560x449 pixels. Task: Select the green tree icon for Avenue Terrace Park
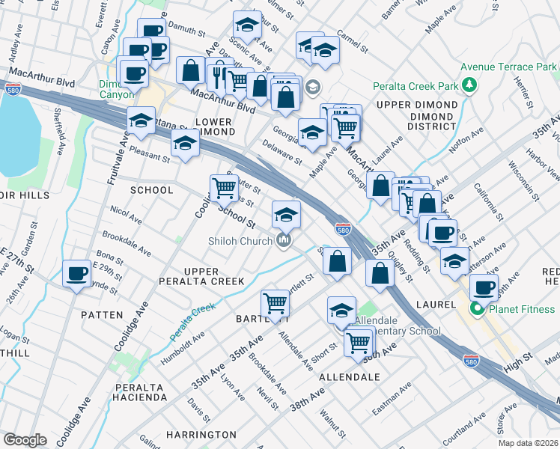(469, 85)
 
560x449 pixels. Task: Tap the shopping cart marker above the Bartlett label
(275, 303)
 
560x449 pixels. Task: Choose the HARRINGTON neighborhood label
(201, 435)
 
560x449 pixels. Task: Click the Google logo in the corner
(25, 440)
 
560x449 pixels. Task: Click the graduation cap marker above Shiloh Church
(286, 215)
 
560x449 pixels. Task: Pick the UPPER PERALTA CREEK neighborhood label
(201, 276)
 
